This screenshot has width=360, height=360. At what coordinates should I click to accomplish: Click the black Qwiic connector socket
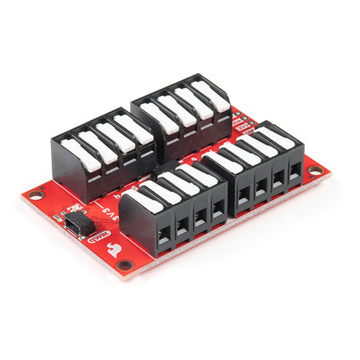[x=75, y=220]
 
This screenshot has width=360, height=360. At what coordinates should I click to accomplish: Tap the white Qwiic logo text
[x=98, y=235]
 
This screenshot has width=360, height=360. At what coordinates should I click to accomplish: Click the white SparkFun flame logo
[x=114, y=249]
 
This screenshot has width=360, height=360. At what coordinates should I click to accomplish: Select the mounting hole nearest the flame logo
[x=125, y=265]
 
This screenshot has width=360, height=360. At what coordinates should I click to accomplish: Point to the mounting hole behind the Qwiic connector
[x=35, y=194]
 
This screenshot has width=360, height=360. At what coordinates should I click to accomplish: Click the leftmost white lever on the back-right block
[x=158, y=117]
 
